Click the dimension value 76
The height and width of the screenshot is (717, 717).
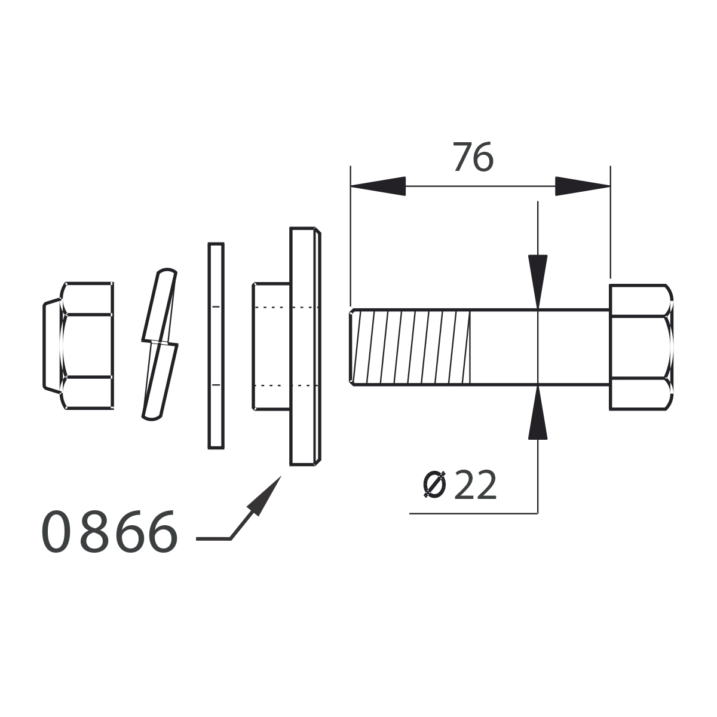click(x=473, y=157)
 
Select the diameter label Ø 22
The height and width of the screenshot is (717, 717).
click(x=460, y=485)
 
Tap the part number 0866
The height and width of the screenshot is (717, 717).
click(x=109, y=531)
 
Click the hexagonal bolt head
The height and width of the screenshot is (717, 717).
click(x=641, y=347)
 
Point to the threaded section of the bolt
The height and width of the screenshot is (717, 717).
click(x=410, y=347)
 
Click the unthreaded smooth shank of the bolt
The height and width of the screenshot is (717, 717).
click(x=540, y=347)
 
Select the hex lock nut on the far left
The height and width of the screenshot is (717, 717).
click(x=78, y=346)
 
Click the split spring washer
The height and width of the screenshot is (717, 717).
click(x=160, y=344)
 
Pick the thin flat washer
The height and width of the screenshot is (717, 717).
click(x=216, y=346)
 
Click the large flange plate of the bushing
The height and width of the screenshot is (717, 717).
click(x=305, y=347)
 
